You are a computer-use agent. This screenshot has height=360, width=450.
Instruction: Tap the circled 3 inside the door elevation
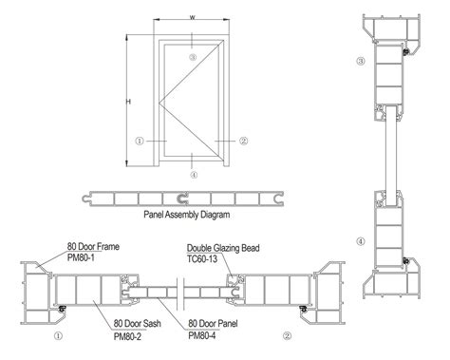point(193,59)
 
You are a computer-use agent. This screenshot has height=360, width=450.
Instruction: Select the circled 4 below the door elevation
point(193,175)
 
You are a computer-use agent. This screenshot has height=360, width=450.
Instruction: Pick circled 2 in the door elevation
point(244,141)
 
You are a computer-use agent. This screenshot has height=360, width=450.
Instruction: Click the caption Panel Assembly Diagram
point(188,216)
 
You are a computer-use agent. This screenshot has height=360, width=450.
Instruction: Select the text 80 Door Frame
point(93,246)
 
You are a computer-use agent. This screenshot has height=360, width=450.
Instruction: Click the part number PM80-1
point(84,256)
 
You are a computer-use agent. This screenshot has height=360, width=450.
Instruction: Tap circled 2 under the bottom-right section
point(286,335)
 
